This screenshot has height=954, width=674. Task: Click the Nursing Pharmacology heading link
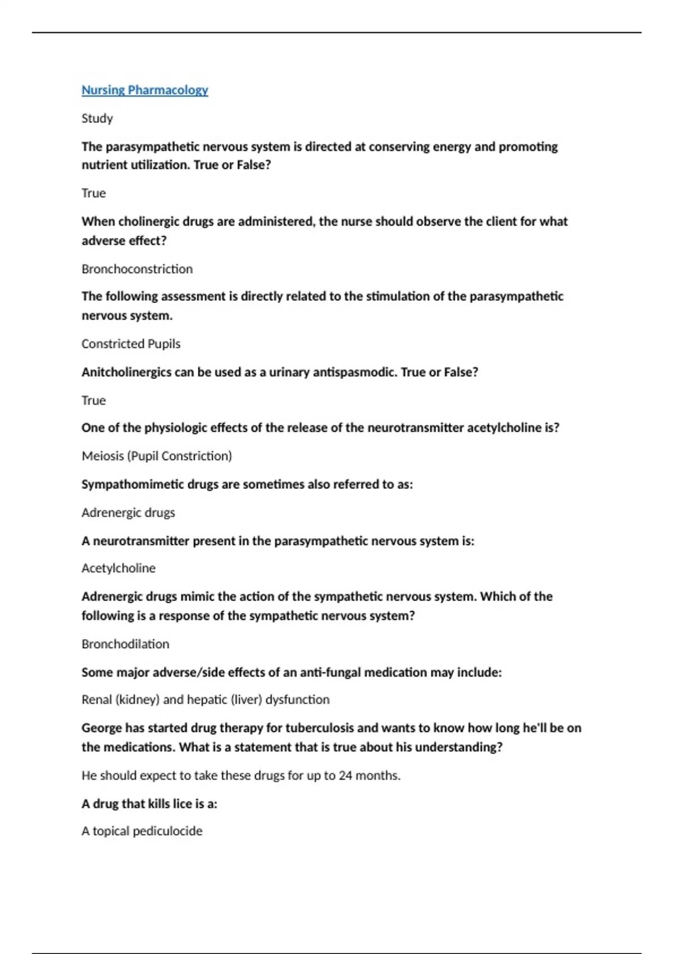tap(144, 90)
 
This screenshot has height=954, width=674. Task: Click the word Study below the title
tap(97, 118)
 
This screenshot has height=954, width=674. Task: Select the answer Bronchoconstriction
tap(137, 269)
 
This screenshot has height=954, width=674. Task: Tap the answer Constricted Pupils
tap(131, 343)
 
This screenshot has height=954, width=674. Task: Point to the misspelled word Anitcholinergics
tap(126, 372)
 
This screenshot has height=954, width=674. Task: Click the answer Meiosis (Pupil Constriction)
tap(157, 456)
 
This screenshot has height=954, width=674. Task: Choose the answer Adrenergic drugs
tap(128, 512)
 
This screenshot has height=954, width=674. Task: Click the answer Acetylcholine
tap(119, 568)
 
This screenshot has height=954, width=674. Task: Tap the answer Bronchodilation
tap(125, 644)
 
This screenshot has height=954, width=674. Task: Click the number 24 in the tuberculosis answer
tap(345, 776)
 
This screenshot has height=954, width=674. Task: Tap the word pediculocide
tap(167, 831)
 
